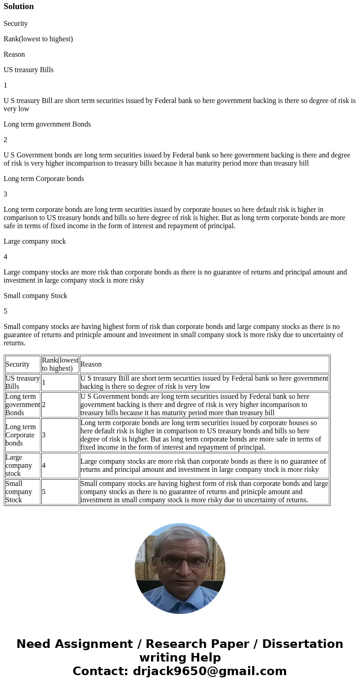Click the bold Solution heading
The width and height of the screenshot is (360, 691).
[19, 6]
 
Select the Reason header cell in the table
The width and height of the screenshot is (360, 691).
[91, 364]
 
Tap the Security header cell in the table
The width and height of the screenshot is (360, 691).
[17, 364]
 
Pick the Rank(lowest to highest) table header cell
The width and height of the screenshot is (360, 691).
[60, 364]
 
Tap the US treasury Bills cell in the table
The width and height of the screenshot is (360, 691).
[22, 382]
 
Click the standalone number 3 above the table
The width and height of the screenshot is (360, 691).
[5, 194]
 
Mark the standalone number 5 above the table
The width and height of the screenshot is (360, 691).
[5, 311]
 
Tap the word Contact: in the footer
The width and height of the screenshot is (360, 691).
[101, 671]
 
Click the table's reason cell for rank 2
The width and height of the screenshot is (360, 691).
[204, 405]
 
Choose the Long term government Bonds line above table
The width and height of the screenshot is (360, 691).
[47, 124]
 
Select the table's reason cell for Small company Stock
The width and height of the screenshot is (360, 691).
[204, 492]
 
